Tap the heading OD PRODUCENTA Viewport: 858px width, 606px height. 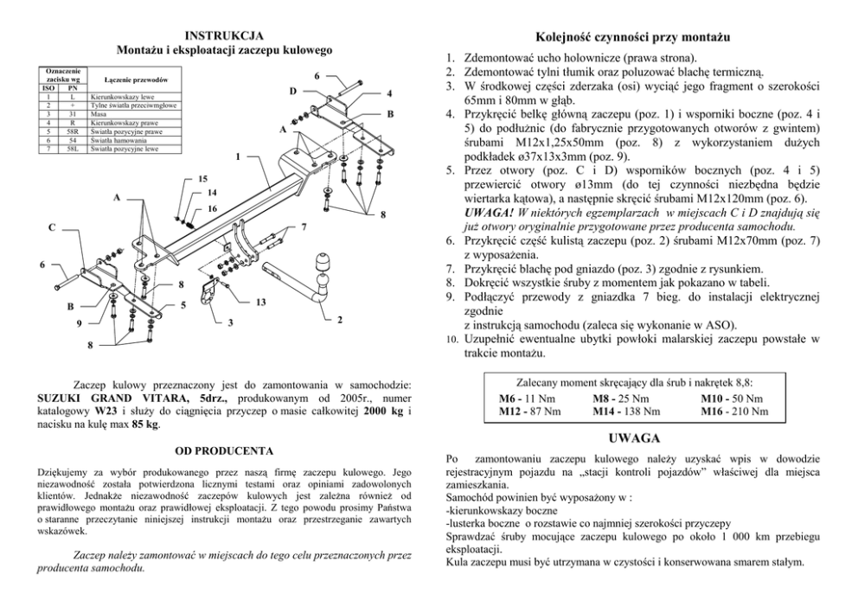224,450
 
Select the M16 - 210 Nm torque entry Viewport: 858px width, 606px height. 734,411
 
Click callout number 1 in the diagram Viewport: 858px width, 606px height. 238,157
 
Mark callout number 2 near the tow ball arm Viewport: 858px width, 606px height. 340,320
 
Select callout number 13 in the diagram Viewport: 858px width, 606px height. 261,302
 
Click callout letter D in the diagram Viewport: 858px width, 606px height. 291,91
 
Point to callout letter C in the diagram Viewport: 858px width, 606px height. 51,228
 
